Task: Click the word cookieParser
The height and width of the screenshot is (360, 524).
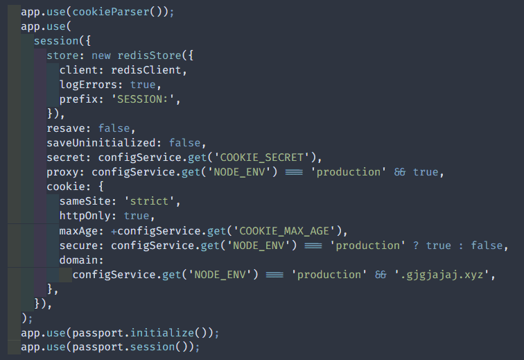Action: (x=111, y=12)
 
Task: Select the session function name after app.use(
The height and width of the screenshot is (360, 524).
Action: (x=56, y=41)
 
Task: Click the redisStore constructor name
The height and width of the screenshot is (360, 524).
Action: (x=150, y=55)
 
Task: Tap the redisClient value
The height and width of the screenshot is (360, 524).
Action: (x=146, y=70)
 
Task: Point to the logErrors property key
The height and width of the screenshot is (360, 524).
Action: (x=88, y=85)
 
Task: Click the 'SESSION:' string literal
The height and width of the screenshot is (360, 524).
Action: (x=143, y=99)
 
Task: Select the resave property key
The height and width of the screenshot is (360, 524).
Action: (x=66, y=128)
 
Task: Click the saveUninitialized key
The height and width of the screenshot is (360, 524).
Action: (x=101, y=143)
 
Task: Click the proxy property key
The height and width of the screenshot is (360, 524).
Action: (x=62, y=172)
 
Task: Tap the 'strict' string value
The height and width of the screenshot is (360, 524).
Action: (x=150, y=201)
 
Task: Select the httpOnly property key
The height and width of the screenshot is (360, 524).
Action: (x=85, y=216)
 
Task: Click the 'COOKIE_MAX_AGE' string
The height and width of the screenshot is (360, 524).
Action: (x=284, y=231)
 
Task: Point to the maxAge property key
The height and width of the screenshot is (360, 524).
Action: (x=78, y=231)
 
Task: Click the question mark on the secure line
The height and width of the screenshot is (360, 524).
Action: (x=416, y=246)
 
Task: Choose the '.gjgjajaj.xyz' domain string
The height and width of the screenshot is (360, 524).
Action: (x=442, y=275)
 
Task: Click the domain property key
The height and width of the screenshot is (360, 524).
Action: (x=78, y=260)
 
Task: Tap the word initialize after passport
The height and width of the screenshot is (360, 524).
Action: (x=162, y=333)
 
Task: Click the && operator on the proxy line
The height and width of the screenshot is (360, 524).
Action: (x=400, y=172)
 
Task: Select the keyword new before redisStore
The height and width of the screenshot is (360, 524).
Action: (x=101, y=55)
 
